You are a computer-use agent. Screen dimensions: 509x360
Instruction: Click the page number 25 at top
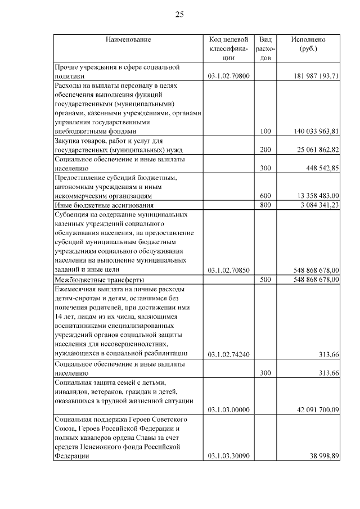179,14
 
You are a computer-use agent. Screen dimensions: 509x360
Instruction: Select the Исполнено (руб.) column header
308,44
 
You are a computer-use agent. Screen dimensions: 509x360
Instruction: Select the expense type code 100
266,131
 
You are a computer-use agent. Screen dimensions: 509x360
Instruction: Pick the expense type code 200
266,150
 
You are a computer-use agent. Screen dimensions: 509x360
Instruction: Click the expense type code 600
266,196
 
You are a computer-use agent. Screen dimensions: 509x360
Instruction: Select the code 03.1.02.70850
228,270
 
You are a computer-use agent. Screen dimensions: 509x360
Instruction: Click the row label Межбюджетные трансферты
99,280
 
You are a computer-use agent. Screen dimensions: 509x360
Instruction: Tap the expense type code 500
266,280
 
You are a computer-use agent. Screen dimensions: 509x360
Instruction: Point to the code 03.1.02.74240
228,354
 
